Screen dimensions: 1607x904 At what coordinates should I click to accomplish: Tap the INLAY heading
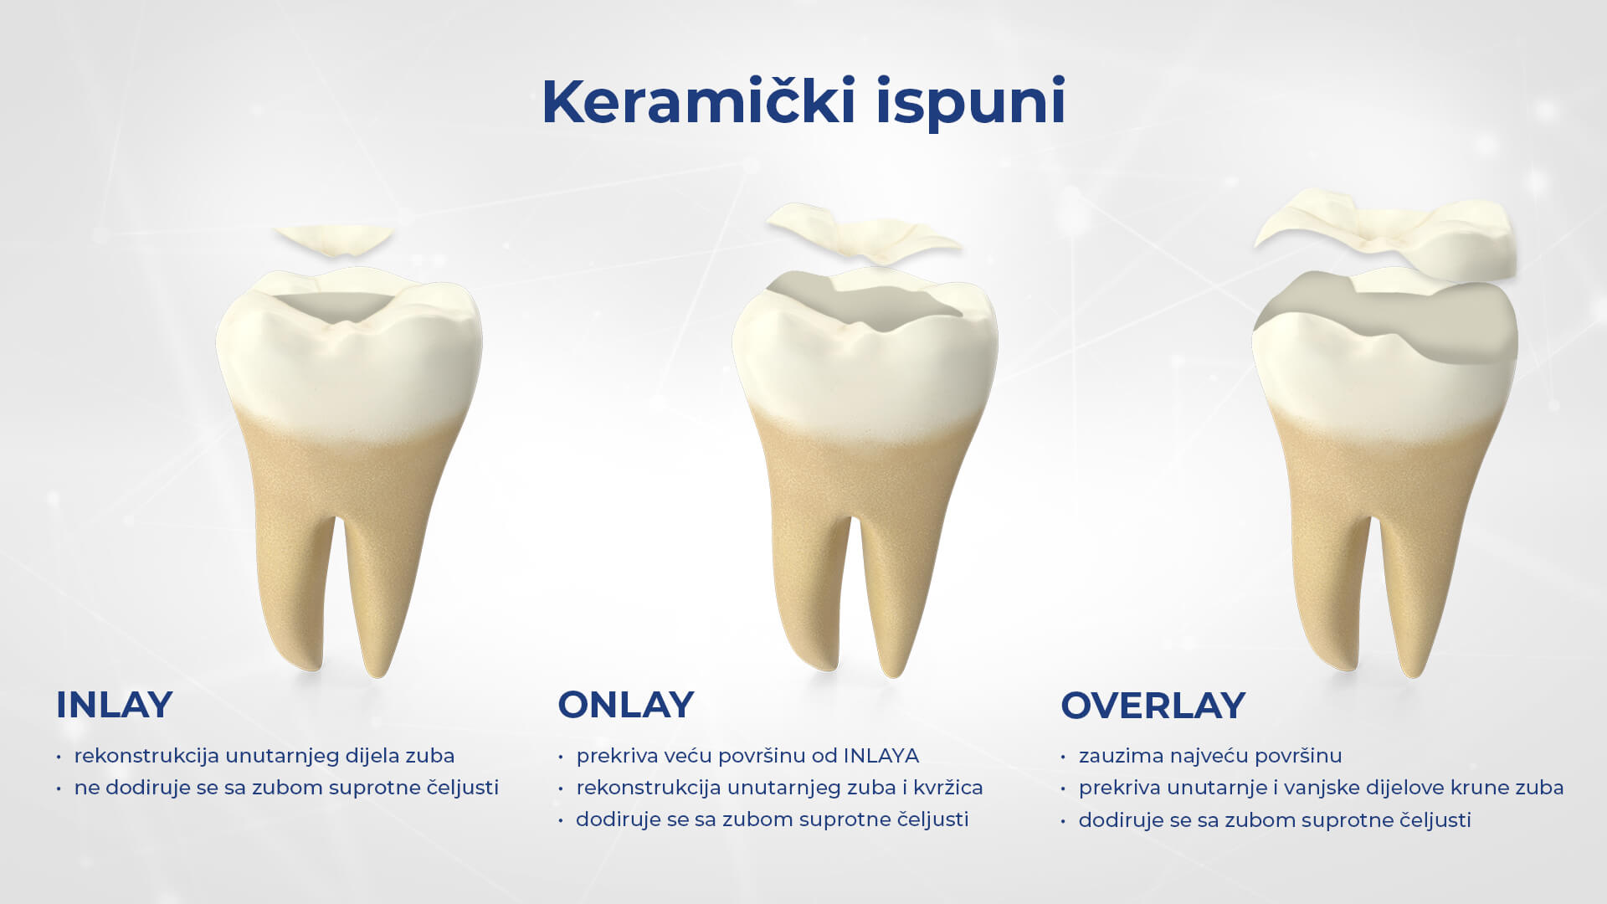pos(114,705)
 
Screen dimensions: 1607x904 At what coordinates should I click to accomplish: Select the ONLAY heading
pos(626,705)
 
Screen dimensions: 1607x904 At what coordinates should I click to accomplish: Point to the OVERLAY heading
pos(1153,706)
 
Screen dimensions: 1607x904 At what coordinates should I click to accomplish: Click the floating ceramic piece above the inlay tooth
pos(333,239)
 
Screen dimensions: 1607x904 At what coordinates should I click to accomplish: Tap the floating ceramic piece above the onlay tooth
pos(862,235)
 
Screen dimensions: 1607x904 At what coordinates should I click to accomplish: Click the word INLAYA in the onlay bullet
pos(881,756)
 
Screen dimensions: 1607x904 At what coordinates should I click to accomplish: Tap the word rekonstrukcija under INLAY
pos(147,756)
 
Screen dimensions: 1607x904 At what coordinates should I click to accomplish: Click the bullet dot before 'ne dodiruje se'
pos(59,788)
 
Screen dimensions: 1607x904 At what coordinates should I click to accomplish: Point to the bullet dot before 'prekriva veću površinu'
pos(561,757)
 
